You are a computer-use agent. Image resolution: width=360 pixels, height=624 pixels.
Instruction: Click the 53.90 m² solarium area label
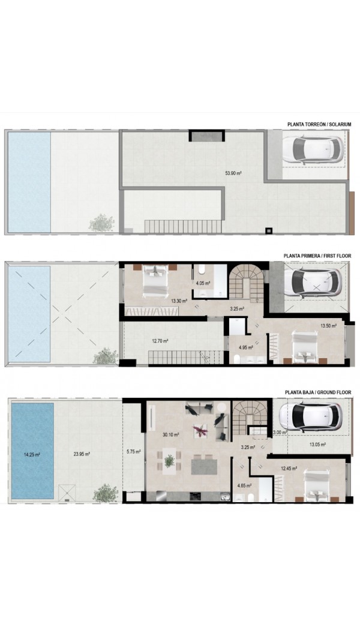click(x=234, y=173)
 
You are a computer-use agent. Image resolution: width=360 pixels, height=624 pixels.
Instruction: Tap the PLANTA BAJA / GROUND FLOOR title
click(x=318, y=392)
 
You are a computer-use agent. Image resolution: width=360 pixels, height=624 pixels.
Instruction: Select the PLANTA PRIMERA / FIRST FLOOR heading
click(x=317, y=256)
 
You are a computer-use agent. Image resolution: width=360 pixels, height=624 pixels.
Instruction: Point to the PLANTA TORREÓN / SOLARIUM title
click(x=319, y=125)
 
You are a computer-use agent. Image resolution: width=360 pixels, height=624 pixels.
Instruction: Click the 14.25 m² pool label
click(x=32, y=454)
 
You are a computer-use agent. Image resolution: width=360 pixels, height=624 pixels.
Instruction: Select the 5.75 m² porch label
click(x=132, y=452)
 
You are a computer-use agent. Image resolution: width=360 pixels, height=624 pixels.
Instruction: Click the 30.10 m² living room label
click(x=170, y=435)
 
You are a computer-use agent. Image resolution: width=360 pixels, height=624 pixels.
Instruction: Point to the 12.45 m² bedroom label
click(x=289, y=469)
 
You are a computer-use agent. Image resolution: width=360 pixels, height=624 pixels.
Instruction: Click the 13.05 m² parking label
click(x=318, y=445)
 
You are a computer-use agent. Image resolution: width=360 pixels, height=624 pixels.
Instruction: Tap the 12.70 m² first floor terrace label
click(x=160, y=341)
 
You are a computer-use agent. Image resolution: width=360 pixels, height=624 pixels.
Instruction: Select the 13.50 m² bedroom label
click(x=329, y=326)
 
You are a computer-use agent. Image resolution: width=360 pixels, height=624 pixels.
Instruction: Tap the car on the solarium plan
click(x=317, y=149)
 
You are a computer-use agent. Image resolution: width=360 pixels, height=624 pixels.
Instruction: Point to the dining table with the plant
click(x=169, y=461)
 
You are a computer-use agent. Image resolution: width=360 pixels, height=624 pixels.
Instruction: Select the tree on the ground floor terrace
click(x=106, y=493)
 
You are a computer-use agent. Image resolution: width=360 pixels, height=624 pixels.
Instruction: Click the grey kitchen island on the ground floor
click(x=204, y=466)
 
